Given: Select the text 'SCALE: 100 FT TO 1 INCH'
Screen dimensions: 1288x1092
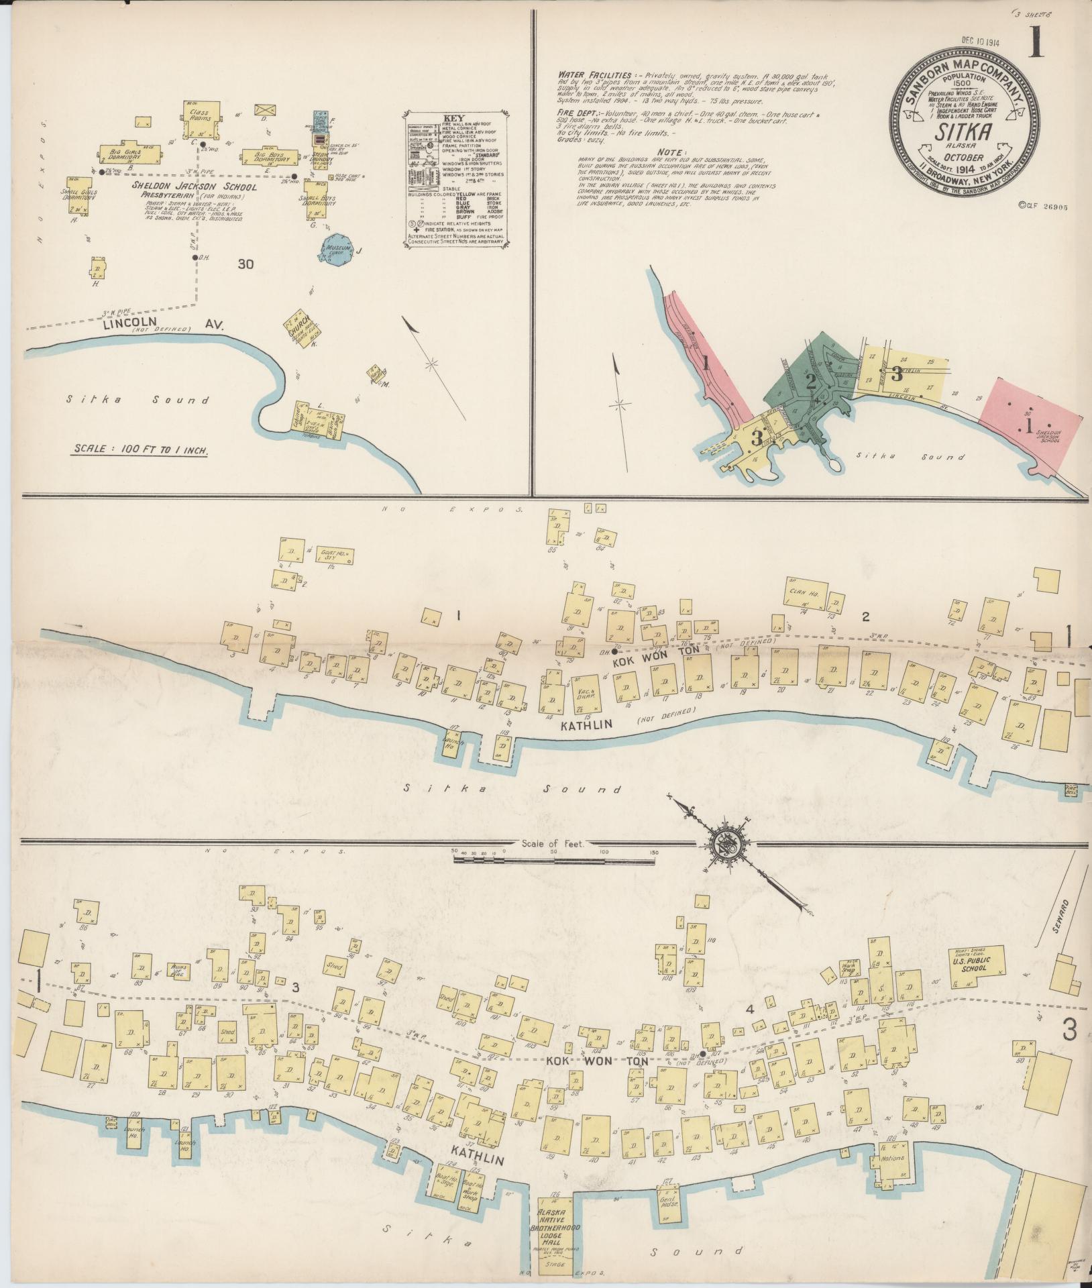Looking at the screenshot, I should point(140,449).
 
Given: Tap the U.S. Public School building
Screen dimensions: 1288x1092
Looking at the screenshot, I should point(976,965).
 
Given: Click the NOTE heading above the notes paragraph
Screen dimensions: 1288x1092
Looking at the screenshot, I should point(671,152).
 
